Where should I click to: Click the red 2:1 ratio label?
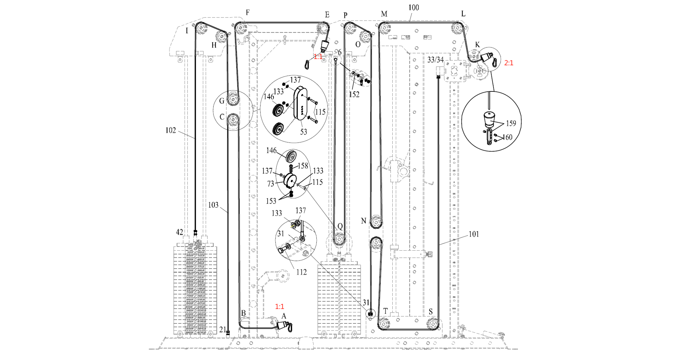pos(509,63)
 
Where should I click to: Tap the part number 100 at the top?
pos(413,8)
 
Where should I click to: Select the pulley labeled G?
pos(233,99)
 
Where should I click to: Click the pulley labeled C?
pos(233,120)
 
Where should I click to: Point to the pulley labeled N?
pos(376,222)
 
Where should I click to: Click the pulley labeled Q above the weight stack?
pos(339,239)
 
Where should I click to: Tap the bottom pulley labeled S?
pos(432,323)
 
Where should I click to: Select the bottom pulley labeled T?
pos(384,323)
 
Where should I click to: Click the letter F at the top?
pos(247,13)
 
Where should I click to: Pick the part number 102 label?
pos(171,130)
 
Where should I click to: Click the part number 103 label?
pos(213,205)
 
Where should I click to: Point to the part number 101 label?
pos(474,234)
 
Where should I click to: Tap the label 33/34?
pos(435,60)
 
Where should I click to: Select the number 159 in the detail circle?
pos(511,123)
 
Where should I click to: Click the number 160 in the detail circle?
pos(507,137)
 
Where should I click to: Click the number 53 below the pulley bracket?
pos(303,132)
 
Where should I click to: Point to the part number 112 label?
pos(301,272)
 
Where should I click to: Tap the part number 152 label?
pos(354,95)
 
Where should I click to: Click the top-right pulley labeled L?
pos(457,27)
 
